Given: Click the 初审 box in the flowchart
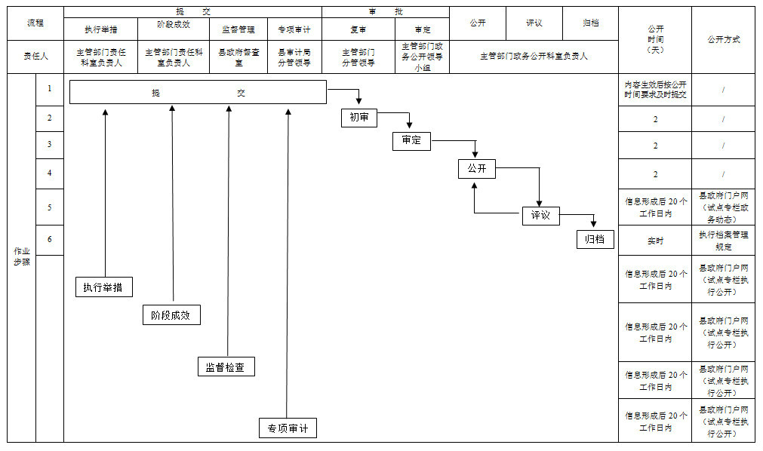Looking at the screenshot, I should [x=358, y=118].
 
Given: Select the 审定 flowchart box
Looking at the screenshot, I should [x=411, y=141].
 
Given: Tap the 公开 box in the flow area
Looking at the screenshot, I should [x=476, y=169].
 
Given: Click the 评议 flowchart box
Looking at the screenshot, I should [x=540, y=216].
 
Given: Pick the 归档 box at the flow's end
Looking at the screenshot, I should [x=595, y=239].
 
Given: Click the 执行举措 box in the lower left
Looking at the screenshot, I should [x=104, y=287].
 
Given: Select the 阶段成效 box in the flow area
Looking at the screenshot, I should [x=171, y=315].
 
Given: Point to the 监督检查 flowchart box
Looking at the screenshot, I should [x=226, y=367].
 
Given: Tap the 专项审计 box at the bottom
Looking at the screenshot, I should [x=288, y=428].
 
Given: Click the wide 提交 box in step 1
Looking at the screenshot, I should [x=198, y=92].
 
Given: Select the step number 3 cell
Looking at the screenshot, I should [x=50, y=145].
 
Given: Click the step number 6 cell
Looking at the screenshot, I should [x=50, y=239].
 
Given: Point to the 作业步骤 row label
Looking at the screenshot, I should [x=21, y=256].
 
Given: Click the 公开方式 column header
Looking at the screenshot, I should [x=723, y=39].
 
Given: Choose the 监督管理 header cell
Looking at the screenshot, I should [x=240, y=29].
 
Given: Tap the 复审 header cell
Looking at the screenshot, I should [x=358, y=29].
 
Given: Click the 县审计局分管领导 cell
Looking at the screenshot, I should [x=294, y=57].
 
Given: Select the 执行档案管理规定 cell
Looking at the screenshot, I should [x=723, y=241].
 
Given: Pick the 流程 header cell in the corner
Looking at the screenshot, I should [x=35, y=23].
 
